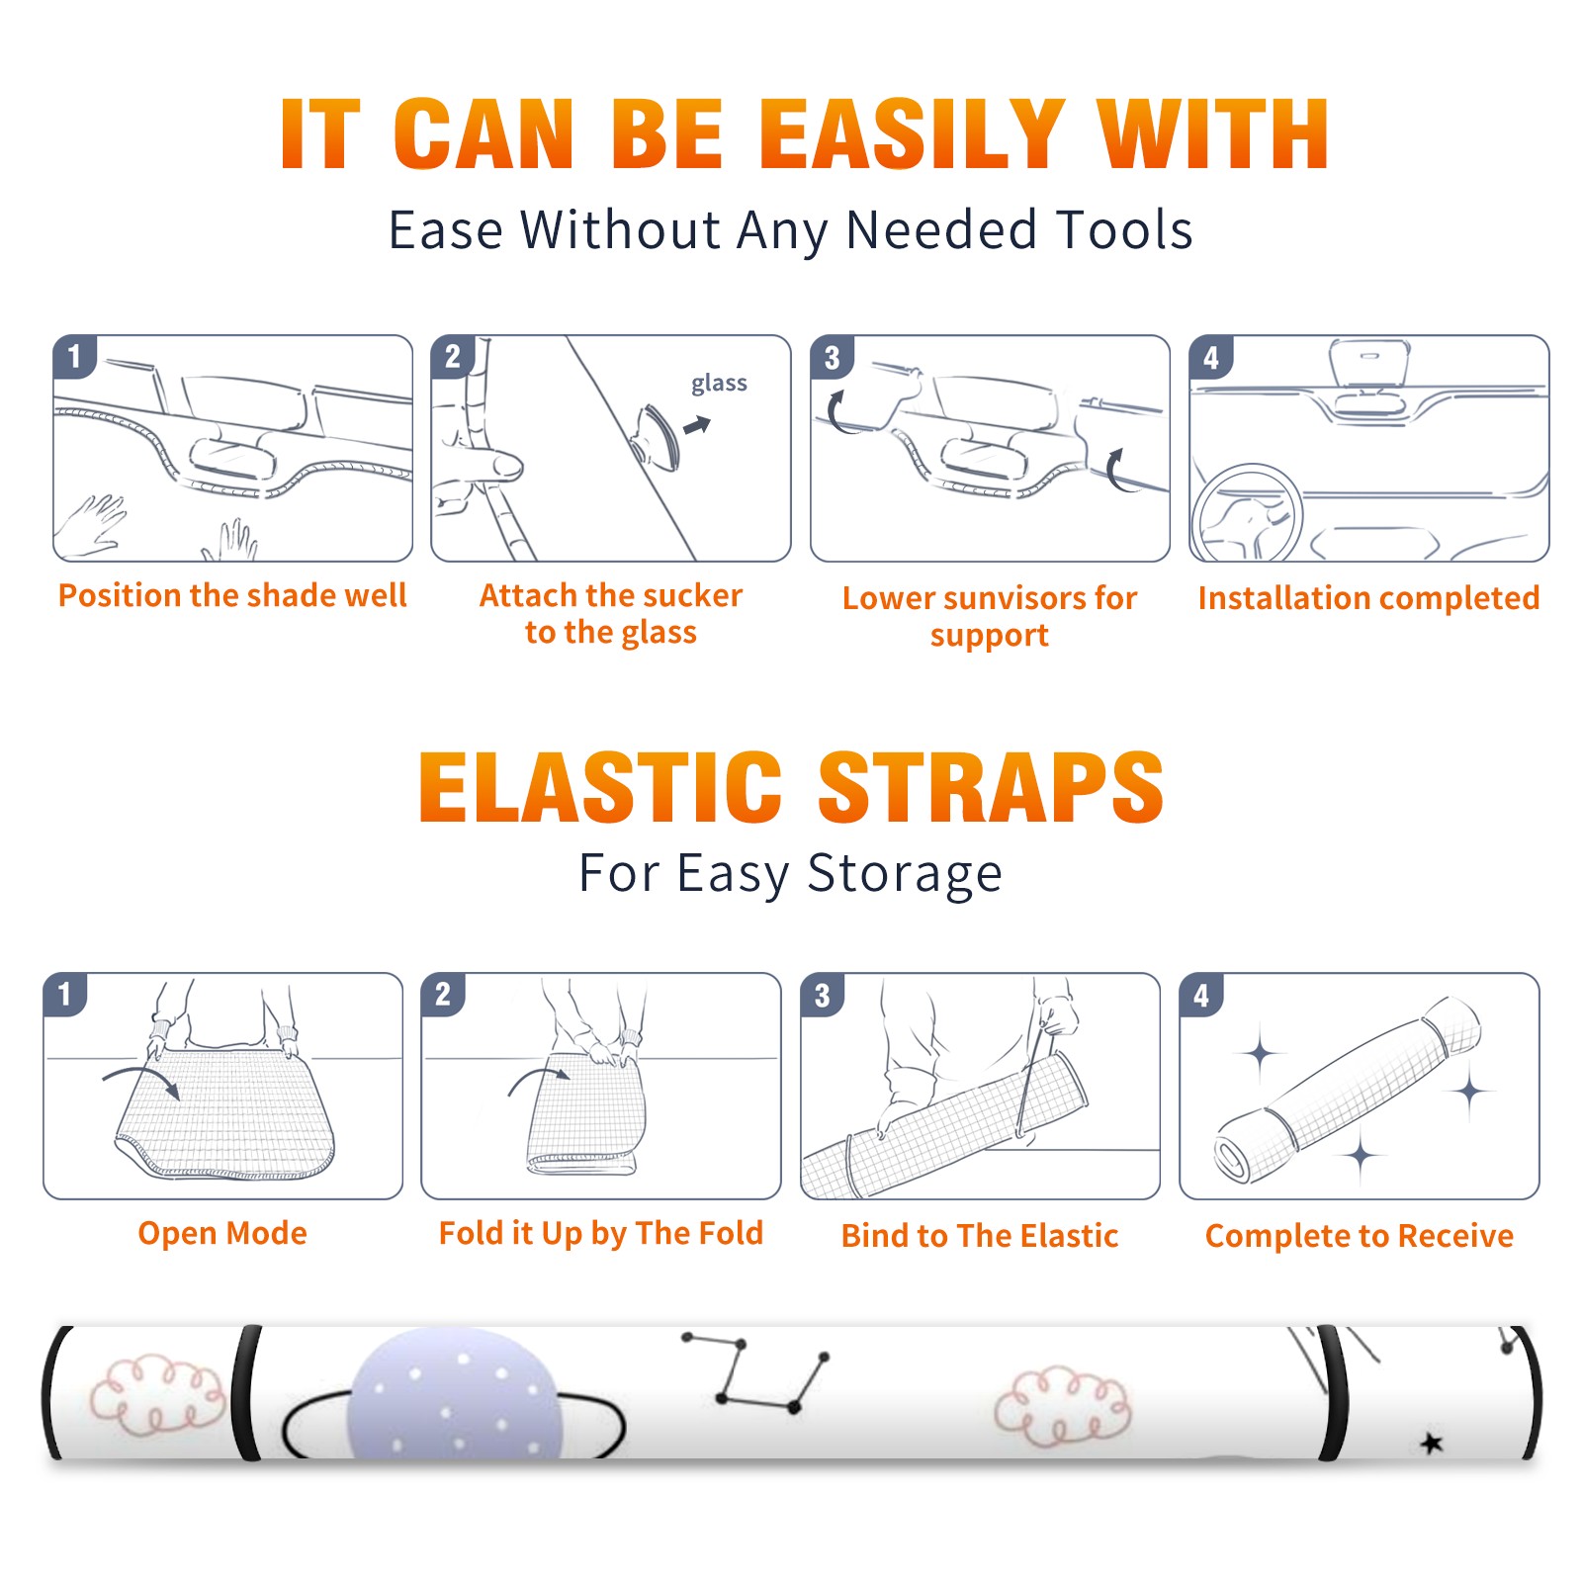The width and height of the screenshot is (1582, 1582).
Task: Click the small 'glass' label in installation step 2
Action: [719, 384]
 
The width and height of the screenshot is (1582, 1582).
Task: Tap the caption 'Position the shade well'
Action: [232, 595]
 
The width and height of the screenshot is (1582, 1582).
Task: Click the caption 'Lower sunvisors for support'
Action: [990, 615]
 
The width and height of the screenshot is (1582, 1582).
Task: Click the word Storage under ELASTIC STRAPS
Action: [905, 874]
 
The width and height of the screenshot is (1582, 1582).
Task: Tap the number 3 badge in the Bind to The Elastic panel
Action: [823, 995]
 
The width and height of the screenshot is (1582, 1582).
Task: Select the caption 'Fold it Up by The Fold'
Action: [601, 1233]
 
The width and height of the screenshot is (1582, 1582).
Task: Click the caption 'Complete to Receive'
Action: [1360, 1236]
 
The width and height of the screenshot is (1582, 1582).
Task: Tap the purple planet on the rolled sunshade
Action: [456, 1394]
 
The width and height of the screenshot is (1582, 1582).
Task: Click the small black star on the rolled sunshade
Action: [1432, 1444]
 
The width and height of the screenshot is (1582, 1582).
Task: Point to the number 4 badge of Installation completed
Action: [1210, 357]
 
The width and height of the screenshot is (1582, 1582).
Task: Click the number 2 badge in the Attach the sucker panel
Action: [453, 357]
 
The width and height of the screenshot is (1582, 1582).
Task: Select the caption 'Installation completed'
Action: [1369, 598]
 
